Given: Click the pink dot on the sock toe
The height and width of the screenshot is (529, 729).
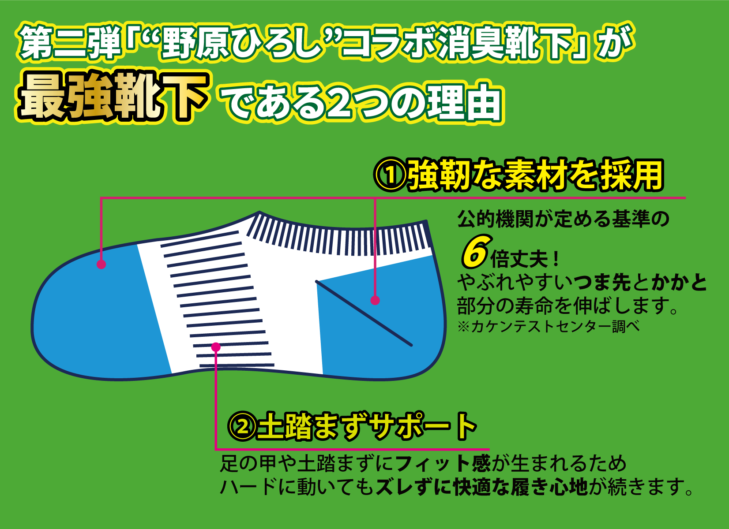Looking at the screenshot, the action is pyautogui.click(x=101, y=264).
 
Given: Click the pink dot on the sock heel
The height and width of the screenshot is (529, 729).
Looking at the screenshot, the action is pyautogui.click(x=375, y=301).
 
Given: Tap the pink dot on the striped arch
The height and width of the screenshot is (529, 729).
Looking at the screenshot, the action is pyautogui.click(x=216, y=347).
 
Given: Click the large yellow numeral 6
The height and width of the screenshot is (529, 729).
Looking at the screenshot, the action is pyautogui.click(x=475, y=252).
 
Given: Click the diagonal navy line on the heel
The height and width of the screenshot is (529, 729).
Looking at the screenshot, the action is pyautogui.click(x=364, y=313).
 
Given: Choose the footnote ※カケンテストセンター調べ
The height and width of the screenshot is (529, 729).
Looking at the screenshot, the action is pyautogui.click(x=549, y=327).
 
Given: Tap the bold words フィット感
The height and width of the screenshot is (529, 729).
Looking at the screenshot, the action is pyautogui.click(x=443, y=463).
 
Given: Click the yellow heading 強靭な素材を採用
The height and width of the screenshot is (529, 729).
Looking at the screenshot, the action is pyautogui.click(x=535, y=175).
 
